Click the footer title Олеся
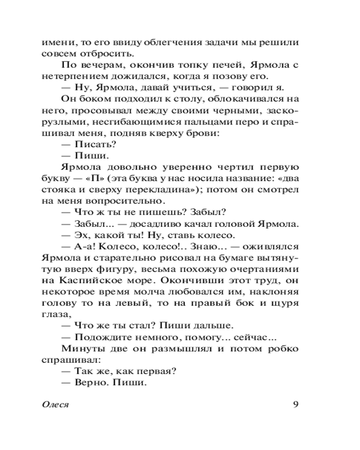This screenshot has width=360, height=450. click(55, 404)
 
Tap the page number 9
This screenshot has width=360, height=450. click(296, 404)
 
